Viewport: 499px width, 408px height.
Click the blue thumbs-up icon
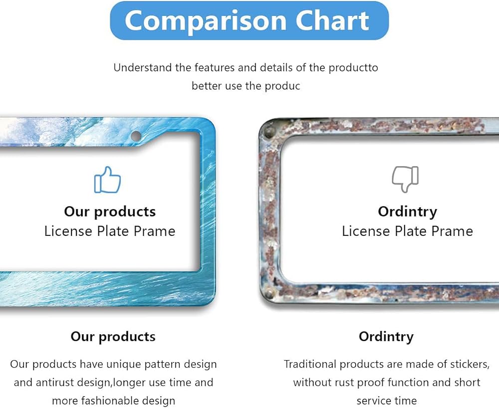coord(108,180)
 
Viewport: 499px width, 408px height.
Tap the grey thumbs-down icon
coord(405,179)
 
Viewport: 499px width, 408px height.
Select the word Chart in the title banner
coord(332,20)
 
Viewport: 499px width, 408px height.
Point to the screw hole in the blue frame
coord(136,136)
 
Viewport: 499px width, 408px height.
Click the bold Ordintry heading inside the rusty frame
coord(407,212)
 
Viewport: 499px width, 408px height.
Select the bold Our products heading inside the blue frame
coord(110,212)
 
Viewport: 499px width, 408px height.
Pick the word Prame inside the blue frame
coord(154,231)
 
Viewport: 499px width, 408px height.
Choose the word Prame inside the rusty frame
coord(452,231)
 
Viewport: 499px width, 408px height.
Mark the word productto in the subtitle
coord(353,68)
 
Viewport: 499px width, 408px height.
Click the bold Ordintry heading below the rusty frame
coord(386,337)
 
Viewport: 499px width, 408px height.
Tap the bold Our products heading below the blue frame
coord(113,337)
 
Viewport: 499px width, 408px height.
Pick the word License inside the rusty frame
coord(366,231)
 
